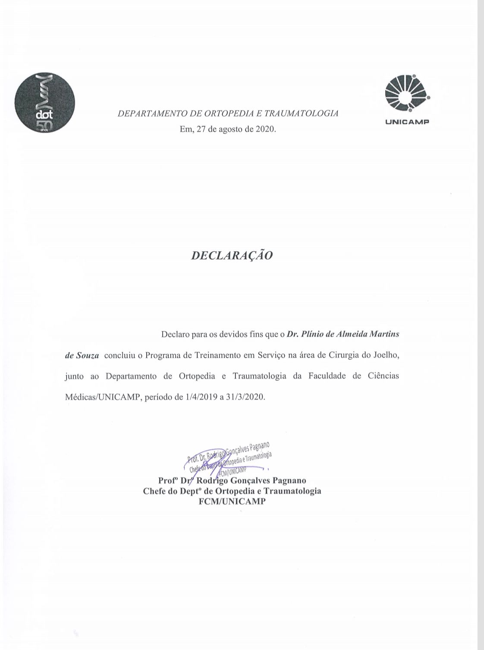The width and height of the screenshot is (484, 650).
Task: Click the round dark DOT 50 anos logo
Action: tap(45, 103)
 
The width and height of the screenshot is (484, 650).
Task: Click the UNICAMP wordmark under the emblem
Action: tap(407, 122)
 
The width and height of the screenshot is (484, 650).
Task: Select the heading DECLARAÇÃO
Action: tap(232, 255)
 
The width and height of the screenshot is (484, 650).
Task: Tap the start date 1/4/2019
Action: tap(200, 397)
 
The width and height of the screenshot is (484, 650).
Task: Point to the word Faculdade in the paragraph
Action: tap(327, 376)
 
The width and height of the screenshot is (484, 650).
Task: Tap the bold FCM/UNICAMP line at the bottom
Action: tap(232, 501)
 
